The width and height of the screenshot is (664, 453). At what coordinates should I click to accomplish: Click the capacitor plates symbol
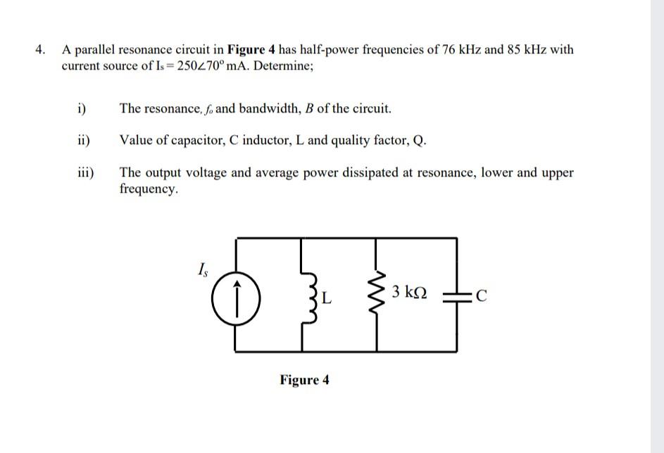click(457, 295)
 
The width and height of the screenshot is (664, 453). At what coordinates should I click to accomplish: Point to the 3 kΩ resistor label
click(410, 291)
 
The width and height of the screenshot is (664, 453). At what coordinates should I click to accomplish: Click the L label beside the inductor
click(326, 298)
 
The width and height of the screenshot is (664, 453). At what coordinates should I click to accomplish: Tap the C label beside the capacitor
click(482, 296)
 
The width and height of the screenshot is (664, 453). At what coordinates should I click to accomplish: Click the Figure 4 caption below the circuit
click(304, 381)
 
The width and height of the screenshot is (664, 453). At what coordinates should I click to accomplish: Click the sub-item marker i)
click(82, 108)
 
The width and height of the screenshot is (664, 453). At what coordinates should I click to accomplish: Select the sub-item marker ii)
click(83, 140)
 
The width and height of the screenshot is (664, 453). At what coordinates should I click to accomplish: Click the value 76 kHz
click(461, 50)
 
